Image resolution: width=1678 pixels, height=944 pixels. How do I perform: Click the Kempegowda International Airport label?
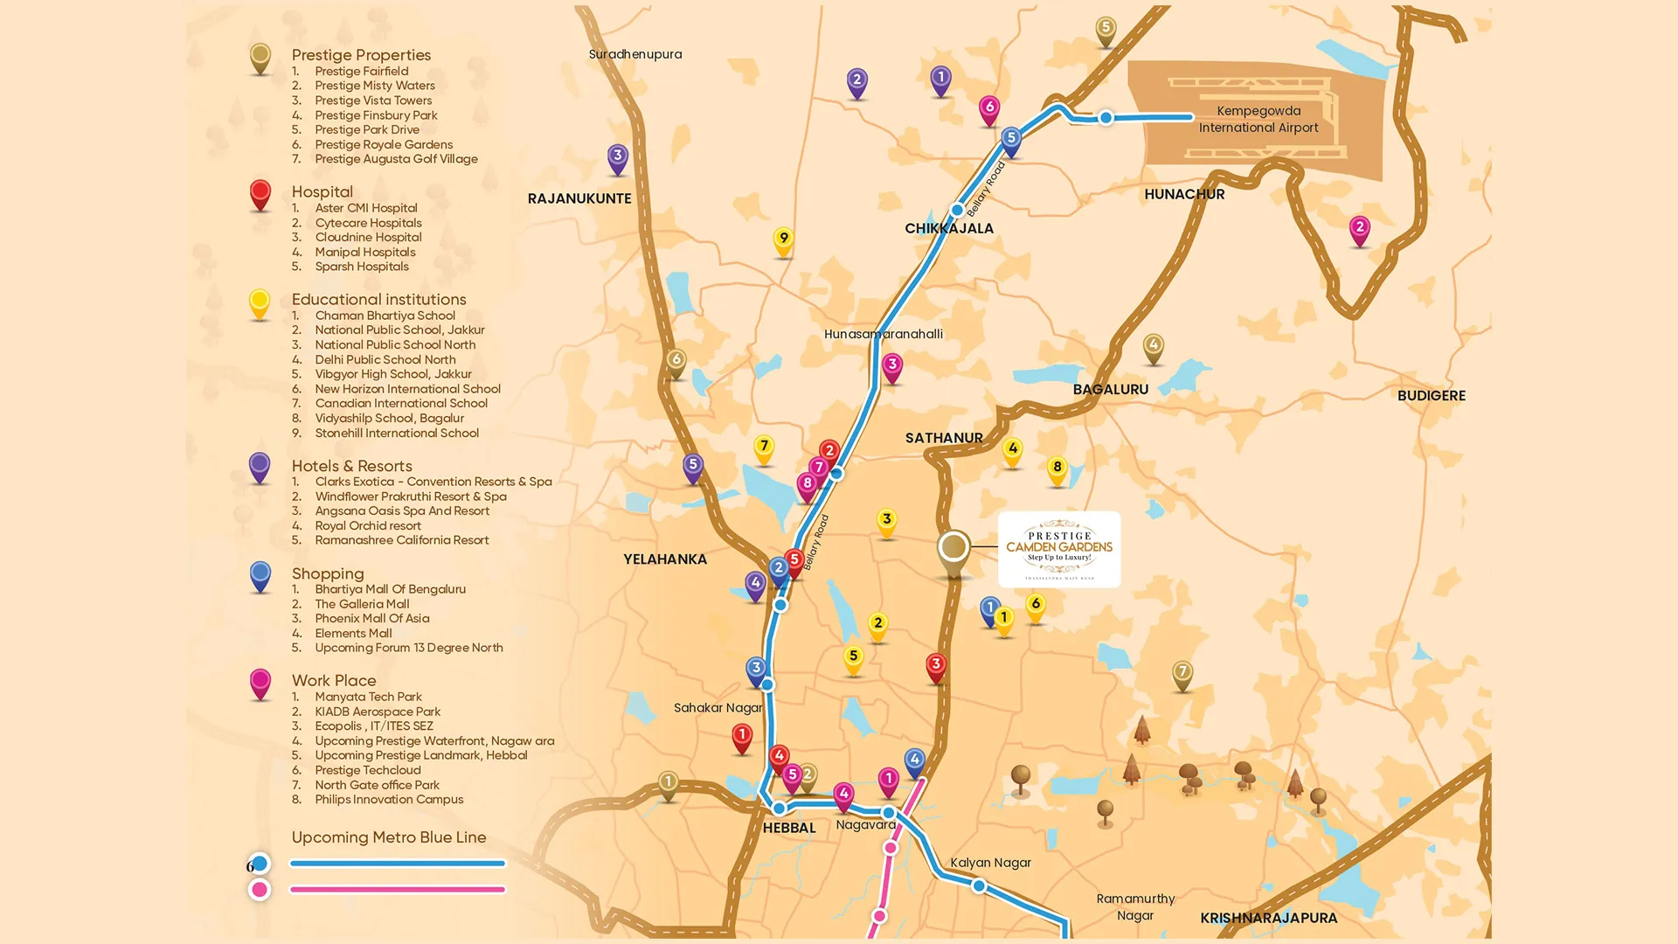point(1258,119)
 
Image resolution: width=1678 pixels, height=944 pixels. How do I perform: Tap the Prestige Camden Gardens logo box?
point(1059,549)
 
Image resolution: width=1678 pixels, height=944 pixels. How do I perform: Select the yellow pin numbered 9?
point(783,239)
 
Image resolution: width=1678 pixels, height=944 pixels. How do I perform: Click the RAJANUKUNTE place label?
point(579,198)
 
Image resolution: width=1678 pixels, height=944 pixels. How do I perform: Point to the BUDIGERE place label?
point(1431,395)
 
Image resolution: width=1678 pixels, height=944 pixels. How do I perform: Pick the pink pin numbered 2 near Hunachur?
point(1359,229)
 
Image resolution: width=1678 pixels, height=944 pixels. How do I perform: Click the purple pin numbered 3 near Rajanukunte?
point(618,157)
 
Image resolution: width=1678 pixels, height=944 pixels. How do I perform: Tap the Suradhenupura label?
point(635,54)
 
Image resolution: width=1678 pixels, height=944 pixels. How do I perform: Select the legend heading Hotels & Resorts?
point(351,466)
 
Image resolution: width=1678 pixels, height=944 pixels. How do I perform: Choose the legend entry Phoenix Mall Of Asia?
point(371,618)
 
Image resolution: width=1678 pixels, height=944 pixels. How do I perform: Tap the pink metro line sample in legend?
point(398,890)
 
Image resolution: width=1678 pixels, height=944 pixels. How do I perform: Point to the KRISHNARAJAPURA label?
point(1268,918)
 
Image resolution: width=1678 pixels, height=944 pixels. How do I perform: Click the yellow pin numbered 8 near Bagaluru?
point(1057,469)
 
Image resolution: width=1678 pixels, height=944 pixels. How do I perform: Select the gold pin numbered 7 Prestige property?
point(1182,674)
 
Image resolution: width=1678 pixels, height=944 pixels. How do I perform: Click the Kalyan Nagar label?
point(990,863)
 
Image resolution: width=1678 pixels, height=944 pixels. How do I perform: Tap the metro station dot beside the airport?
point(1106,117)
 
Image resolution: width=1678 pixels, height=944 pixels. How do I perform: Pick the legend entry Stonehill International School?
point(397,433)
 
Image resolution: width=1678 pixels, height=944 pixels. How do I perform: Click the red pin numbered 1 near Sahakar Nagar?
point(742,737)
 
